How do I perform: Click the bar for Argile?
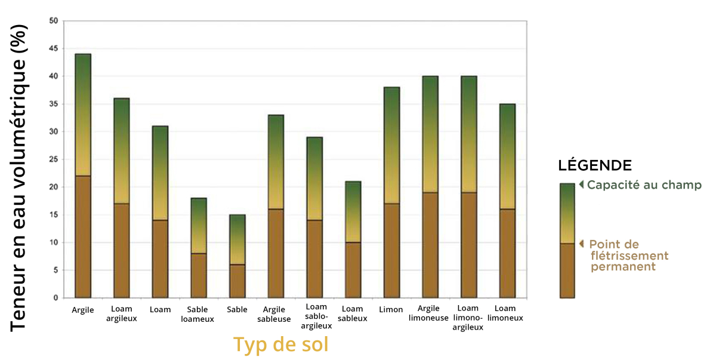coord(83,176)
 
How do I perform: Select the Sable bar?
coord(237,256)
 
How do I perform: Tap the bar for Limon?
coord(391,192)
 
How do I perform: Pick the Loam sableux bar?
coord(353,239)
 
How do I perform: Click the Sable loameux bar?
coord(199,248)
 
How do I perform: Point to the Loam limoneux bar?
coord(507,201)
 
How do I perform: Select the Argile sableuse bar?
coord(276,206)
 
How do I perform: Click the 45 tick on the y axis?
coord(54,48)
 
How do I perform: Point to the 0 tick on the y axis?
coord(56,298)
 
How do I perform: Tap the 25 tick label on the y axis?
coord(54,159)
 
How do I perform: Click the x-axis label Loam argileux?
coord(122,313)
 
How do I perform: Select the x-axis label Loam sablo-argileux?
coord(316,316)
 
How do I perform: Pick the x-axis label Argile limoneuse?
coord(428,313)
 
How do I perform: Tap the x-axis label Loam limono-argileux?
coord(468,318)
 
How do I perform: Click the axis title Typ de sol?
coord(280,344)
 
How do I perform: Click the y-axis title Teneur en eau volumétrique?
coord(18,178)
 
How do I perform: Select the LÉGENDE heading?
coord(595,165)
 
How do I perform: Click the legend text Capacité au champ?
coord(644,185)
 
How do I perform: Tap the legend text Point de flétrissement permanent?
coord(629,256)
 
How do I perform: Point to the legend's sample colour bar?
coord(567,241)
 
